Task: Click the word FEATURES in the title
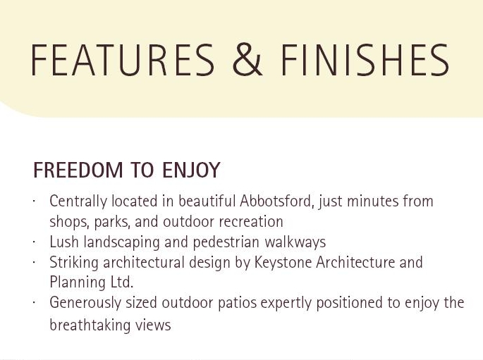tap(123, 60)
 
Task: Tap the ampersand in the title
tap(247, 60)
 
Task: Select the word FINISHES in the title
tap(365, 60)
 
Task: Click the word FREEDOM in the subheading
tap(78, 170)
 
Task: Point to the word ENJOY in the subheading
tap(191, 170)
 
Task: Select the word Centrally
tap(78, 202)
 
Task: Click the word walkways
tap(295, 242)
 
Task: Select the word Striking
tap(74, 263)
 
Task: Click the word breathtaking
tap(86, 325)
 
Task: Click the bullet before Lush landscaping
tap(34, 242)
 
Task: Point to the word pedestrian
tap(226, 242)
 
